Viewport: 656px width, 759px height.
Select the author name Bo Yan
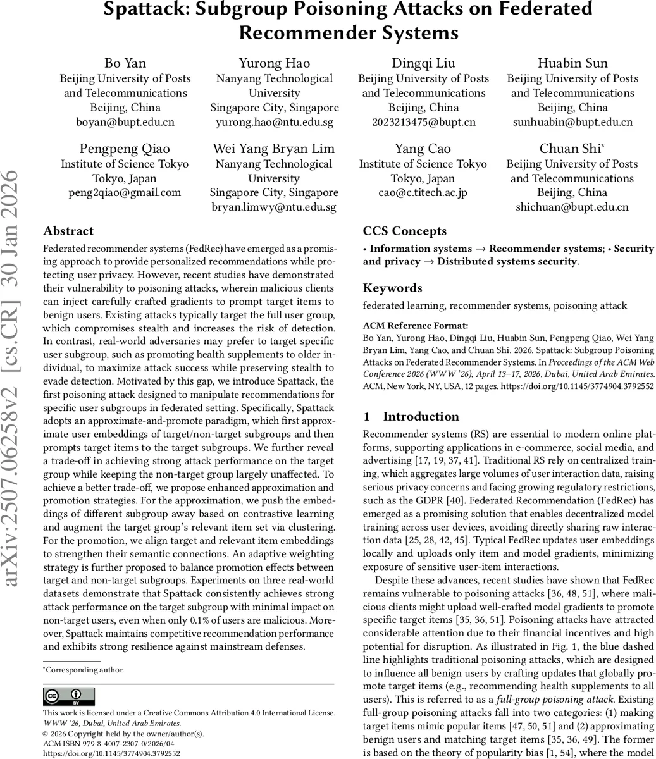coord(125,63)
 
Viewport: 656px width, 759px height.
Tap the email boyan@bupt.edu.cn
coord(125,122)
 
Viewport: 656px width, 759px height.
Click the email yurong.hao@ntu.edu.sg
coord(275,122)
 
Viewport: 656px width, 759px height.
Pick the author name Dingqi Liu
coord(423,63)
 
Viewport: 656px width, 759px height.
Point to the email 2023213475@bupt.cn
coord(423,122)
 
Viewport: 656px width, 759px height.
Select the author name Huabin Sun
coord(572,63)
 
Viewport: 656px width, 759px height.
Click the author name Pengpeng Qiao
coord(125,149)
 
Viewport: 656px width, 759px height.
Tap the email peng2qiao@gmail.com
coord(125,193)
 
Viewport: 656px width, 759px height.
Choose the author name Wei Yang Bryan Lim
coord(274,149)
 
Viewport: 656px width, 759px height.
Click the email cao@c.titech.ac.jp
coord(423,193)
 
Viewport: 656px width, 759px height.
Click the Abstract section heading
coord(68,231)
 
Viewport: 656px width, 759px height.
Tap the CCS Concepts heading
coord(405,231)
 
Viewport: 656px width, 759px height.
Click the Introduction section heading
coord(421,417)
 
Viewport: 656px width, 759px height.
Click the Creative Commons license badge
coord(69,696)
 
